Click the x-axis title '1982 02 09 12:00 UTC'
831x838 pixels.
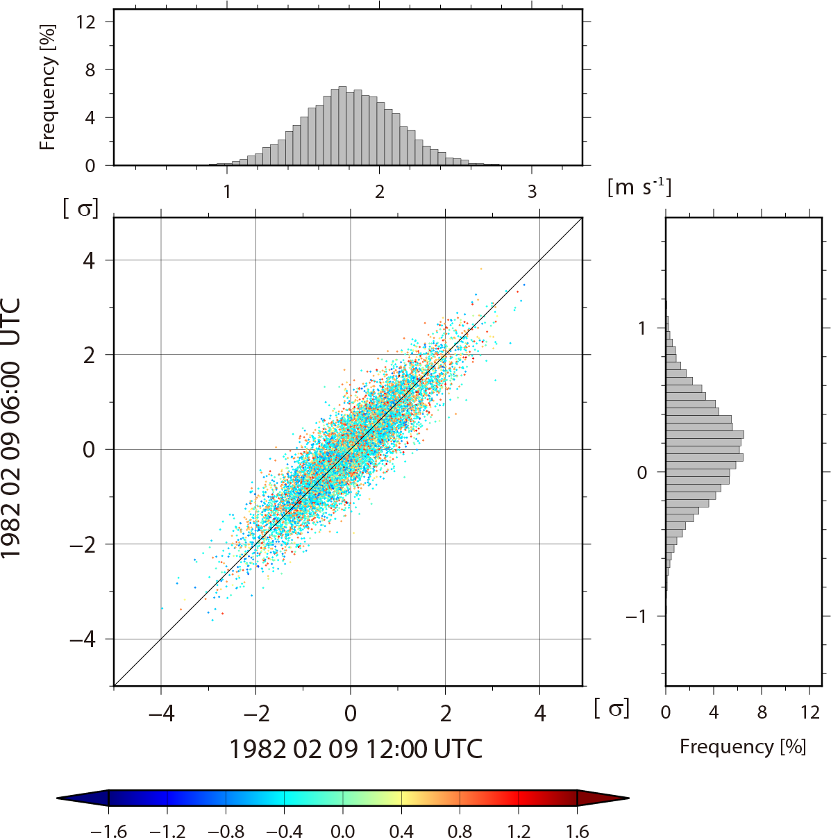click(355, 749)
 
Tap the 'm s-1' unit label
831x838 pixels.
click(639, 187)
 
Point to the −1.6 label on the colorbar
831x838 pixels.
click(108, 831)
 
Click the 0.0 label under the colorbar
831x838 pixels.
click(342, 831)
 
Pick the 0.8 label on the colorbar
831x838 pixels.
click(460, 831)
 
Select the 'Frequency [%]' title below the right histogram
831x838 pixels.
click(743, 746)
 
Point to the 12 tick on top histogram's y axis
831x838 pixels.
click(86, 22)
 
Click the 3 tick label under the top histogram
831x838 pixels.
click(532, 192)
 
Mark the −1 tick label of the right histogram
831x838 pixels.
click(639, 617)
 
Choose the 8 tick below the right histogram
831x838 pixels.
click(762, 712)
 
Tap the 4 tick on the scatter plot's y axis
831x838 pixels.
click(89, 260)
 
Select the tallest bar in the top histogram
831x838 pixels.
click(342, 126)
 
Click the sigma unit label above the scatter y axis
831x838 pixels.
click(81, 207)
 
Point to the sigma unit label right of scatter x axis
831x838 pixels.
click(612, 708)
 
